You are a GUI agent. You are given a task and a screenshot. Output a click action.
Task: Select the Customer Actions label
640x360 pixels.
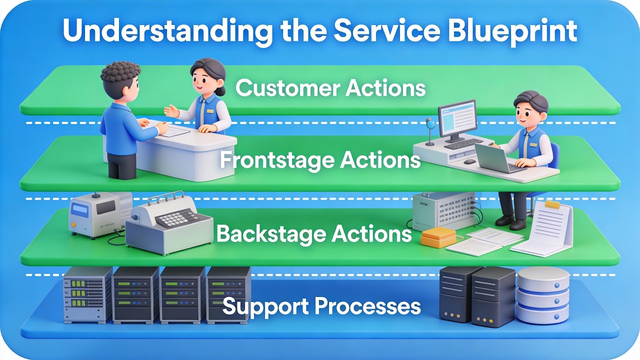pos(330,88)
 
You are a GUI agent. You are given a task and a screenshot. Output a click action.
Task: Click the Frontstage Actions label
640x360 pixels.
pos(320,160)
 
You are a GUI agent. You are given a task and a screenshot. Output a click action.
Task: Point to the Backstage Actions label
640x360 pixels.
pos(314,234)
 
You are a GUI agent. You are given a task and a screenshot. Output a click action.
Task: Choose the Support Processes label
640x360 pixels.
pos(321,306)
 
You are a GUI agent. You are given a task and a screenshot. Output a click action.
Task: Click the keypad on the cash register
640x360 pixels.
pos(179,218)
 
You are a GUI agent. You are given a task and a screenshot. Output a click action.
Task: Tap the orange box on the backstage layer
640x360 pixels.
pos(438,238)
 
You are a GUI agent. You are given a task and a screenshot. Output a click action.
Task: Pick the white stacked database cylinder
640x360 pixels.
pos(542,295)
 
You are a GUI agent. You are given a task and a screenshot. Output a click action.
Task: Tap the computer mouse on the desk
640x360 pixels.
pos(469,161)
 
